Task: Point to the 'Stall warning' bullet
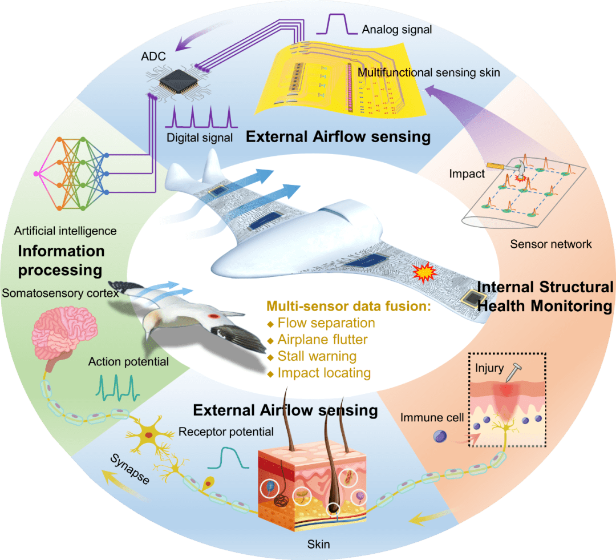317,356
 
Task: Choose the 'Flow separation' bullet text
326,323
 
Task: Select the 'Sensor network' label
551,244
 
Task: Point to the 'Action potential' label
128,362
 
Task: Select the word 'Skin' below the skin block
317,543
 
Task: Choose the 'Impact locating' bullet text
323,373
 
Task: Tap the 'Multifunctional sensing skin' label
428,72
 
